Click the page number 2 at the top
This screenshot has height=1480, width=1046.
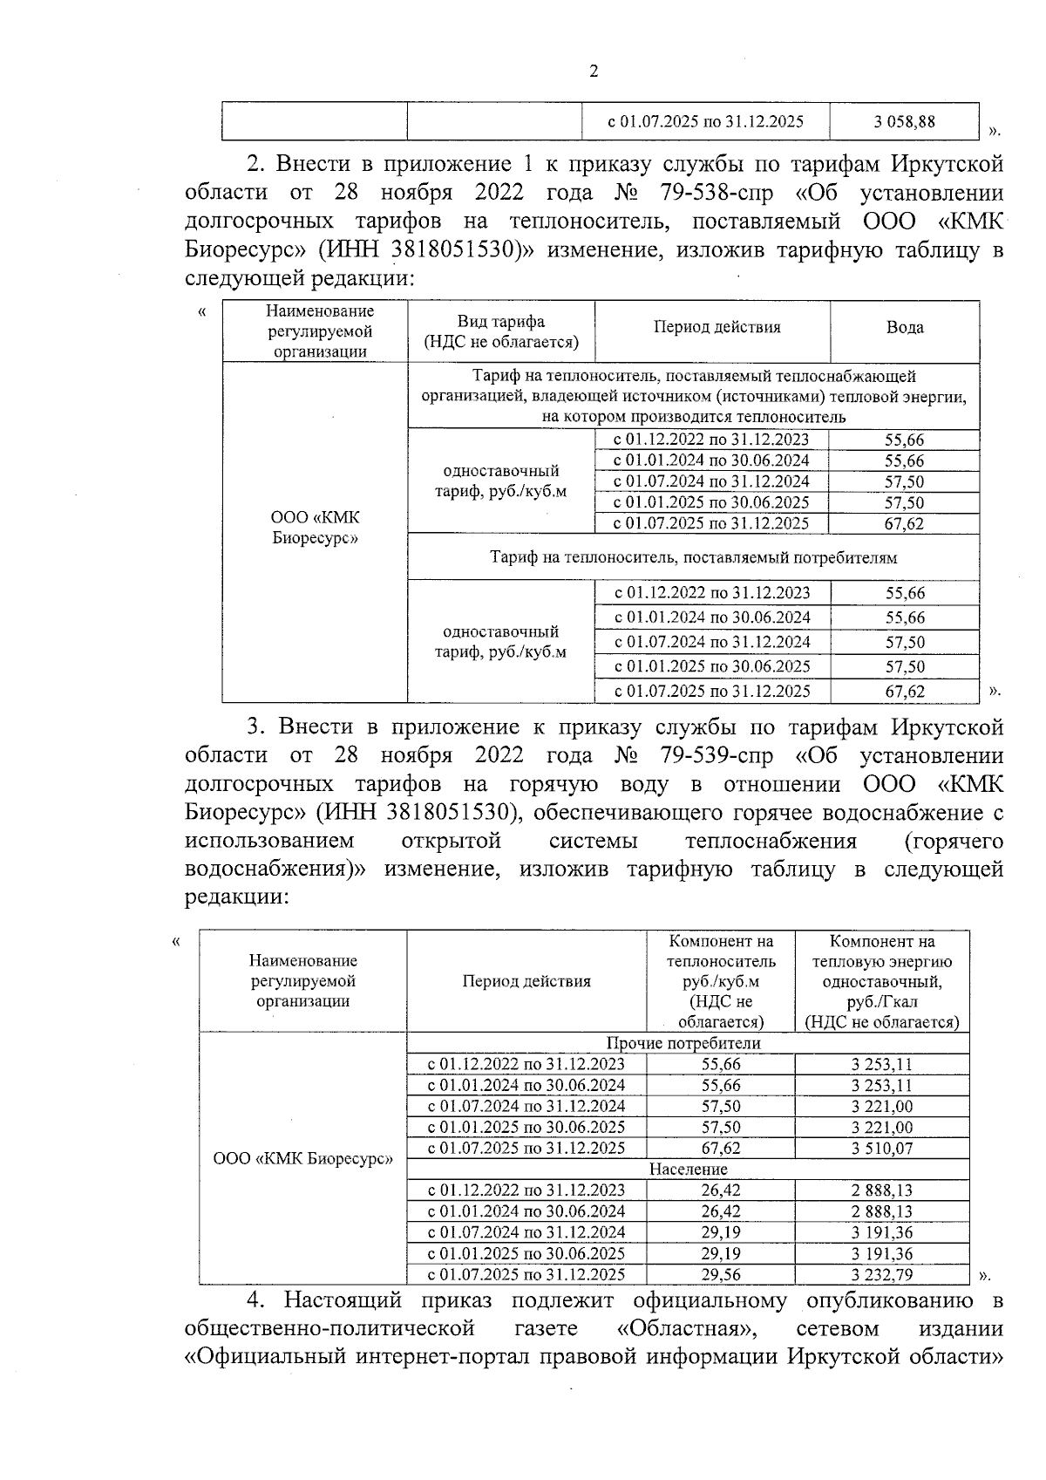click(594, 72)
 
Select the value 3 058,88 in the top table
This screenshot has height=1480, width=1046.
click(904, 122)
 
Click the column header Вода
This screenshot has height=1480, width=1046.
click(904, 327)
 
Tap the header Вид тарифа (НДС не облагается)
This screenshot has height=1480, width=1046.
click(500, 331)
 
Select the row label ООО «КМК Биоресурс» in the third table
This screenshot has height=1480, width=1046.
click(302, 1160)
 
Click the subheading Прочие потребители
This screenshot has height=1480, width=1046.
click(683, 1043)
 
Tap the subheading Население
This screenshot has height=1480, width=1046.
click(688, 1169)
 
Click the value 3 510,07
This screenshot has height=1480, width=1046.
click(881, 1148)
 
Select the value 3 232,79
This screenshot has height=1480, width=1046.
click(881, 1274)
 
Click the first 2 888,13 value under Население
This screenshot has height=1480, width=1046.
click(881, 1190)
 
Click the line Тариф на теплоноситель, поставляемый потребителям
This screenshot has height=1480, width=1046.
click(693, 557)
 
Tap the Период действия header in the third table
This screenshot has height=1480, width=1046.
click(526, 981)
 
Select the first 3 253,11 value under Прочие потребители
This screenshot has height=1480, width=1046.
click(881, 1064)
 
